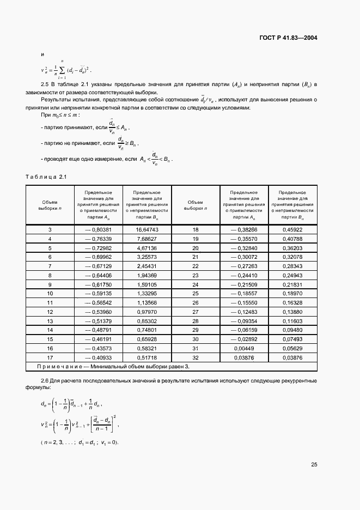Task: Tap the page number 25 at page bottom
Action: (314, 465)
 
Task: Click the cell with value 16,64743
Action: (147, 230)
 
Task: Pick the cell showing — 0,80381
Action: (99, 230)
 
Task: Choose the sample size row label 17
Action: (50, 358)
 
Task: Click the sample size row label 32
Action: (196, 358)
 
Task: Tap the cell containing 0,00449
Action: (243, 349)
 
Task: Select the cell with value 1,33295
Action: (147, 294)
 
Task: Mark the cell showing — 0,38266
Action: (243, 230)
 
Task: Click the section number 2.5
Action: (45, 84)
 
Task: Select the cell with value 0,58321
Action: (147, 349)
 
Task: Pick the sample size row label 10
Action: (50, 294)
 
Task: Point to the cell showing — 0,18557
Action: (243, 294)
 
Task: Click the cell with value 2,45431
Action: (147, 266)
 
